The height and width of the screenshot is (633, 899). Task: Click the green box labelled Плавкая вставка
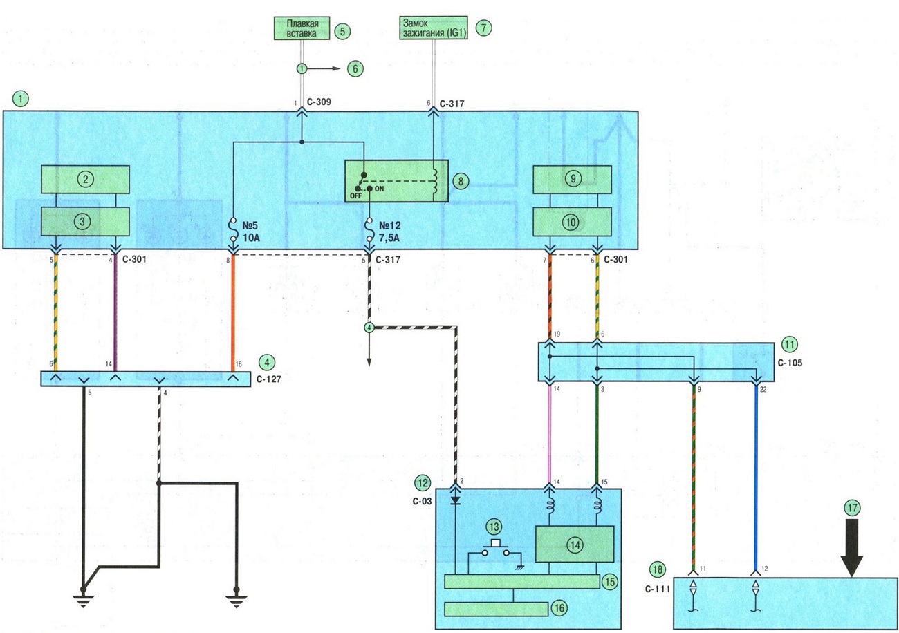point(302,28)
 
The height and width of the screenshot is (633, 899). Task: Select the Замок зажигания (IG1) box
point(434,28)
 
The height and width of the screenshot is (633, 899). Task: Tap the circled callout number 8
point(461,181)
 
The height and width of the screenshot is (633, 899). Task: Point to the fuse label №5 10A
point(251,232)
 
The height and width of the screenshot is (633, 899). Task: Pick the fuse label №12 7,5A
point(389,232)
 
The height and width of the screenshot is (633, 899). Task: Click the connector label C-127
point(269,379)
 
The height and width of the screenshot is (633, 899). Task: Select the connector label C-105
point(790,363)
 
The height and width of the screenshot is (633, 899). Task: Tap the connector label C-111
point(658,589)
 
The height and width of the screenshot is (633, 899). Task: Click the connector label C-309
point(319,102)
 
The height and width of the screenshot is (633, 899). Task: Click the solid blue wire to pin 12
point(756,478)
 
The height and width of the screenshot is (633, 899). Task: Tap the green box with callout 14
point(575,544)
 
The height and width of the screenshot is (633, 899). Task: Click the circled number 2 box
point(85,179)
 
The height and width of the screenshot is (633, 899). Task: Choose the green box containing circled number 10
point(572,221)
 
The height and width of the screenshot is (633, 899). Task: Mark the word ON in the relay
point(379,189)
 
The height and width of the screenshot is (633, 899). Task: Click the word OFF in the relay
point(356,196)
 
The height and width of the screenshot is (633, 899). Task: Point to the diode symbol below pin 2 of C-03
point(456,500)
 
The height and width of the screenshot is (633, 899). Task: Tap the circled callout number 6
point(355,68)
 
